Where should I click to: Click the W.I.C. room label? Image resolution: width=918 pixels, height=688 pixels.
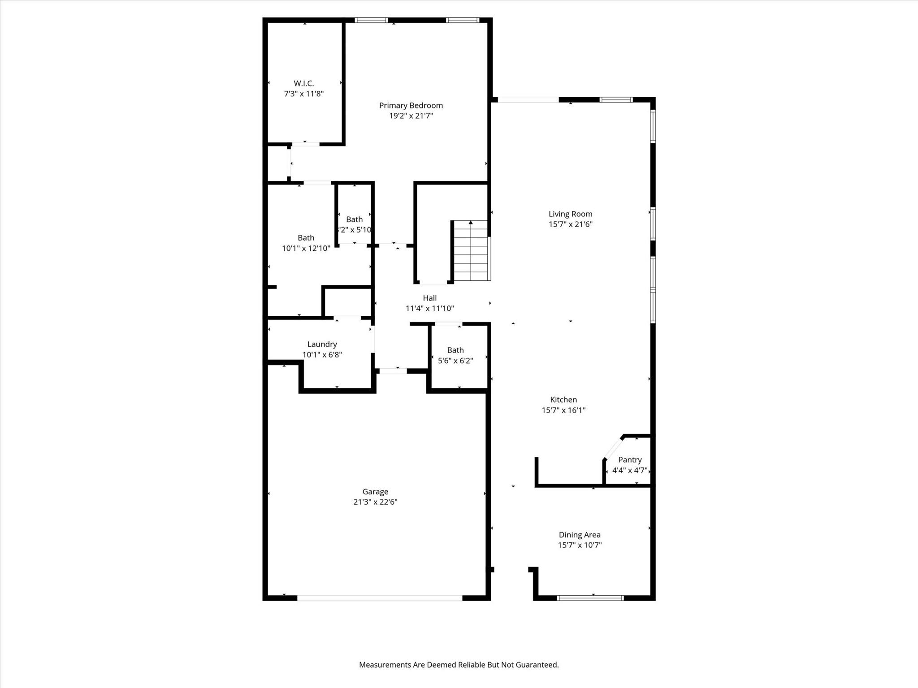[x=303, y=83]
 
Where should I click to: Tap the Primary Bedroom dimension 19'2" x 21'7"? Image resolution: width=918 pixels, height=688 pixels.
[x=411, y=116]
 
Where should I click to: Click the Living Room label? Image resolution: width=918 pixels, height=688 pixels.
[x=570, y=214]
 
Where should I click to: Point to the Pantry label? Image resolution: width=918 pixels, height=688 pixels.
[x=630, y=460]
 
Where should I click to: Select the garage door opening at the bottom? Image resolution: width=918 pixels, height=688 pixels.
[x=379, y=598]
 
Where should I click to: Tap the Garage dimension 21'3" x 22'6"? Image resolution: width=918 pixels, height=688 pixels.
[x=375, y=502]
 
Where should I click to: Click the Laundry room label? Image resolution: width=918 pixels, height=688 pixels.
[x=322, y=344]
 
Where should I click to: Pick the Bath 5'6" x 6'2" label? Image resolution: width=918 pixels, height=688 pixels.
[x=455, y=350]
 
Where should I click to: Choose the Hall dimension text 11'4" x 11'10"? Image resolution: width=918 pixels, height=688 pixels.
[x=429, y=309]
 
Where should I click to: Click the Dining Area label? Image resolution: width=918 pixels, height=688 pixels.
[x=579, y=535]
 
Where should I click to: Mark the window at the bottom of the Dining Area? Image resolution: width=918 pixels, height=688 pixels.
[x=590, y=598]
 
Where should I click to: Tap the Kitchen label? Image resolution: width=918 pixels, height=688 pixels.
[x=563, y=400]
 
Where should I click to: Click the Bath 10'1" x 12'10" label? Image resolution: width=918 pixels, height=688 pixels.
[x=306, y=238]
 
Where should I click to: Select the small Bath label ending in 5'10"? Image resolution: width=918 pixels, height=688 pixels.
[x=354, y=219]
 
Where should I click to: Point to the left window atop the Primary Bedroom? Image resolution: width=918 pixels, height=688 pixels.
[x=371, y=20]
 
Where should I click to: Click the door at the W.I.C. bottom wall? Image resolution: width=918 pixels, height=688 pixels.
[x=306, y=144]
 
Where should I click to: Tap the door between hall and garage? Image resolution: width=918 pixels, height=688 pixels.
[x=393, y=371]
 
